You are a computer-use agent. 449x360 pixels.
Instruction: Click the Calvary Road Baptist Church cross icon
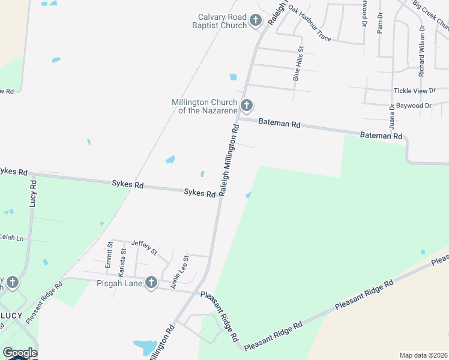coord(255,22)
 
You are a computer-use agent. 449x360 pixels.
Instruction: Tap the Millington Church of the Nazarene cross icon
coord(246,106)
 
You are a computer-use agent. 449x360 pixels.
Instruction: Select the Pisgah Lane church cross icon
coord(151,282)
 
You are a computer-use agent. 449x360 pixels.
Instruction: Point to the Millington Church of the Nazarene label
coord(204,106)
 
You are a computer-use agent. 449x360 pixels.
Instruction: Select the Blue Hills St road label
coord(297,64)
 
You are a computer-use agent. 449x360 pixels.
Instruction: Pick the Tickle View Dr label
coord(414,91)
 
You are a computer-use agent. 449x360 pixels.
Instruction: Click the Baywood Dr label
coord(414,106)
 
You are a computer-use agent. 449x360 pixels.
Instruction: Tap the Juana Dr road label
coord(391,117)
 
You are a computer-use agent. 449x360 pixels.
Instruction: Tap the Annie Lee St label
coord(180,272)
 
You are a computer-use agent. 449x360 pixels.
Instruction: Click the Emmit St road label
coord(110,254)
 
